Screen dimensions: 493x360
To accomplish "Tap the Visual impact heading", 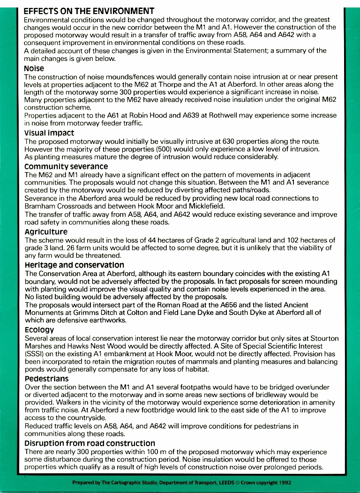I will click(x=49, y=133).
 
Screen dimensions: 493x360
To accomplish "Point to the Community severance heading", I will click(x=66, y=167).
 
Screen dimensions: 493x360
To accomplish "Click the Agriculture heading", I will click(x=46, y=232).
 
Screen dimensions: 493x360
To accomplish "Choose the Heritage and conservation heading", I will click(x=71, y=265).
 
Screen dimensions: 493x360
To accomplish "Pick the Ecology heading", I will click(x=40, y=330).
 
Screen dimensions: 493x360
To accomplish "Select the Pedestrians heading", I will click(x=46, y=379).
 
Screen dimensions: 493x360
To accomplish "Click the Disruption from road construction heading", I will click(x=90, y=443).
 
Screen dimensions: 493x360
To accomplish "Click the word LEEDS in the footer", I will click(x=214, y=482).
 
